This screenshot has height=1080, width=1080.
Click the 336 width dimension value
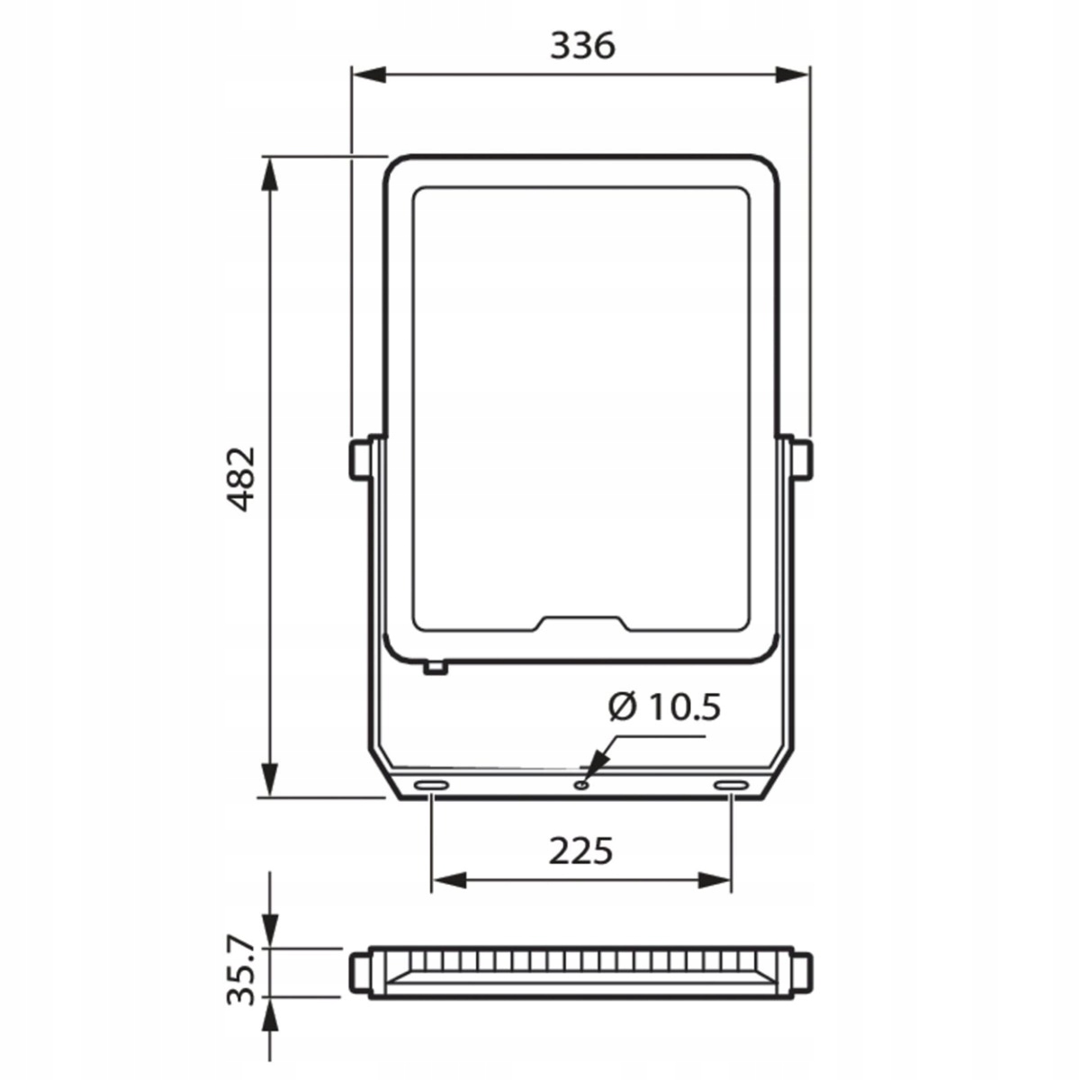point(582,46)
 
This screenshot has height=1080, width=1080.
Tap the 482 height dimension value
point(243,479)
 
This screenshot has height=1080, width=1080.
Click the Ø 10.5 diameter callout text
point(665,706)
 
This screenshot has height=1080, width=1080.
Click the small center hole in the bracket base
point(581,785)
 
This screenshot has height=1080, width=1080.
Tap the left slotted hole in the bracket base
point(430,785)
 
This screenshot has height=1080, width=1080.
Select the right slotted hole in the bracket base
point(732,785)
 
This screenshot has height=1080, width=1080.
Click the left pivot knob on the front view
point(360,460)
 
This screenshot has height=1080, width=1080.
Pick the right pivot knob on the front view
point(802,460)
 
